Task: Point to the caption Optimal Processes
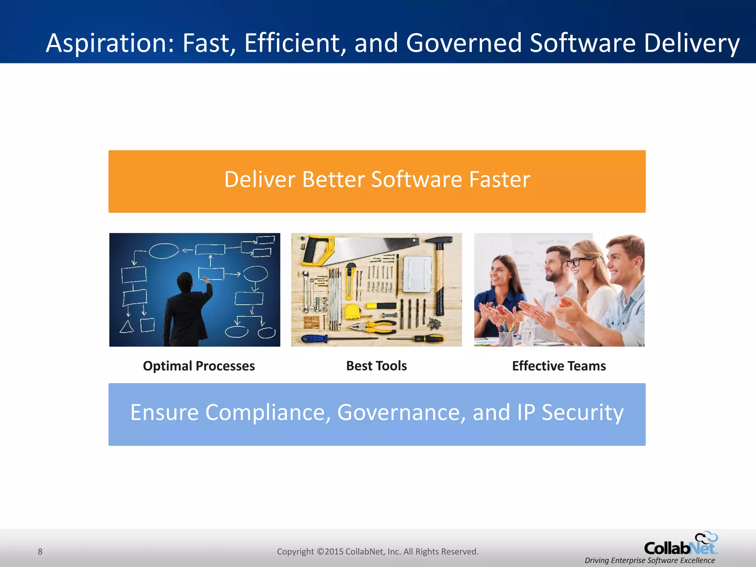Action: [x=199, y=366]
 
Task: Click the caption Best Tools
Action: [x=376, y=366]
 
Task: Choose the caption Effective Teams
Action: [x=559, y=366]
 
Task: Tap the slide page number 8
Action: [x=40, y=551]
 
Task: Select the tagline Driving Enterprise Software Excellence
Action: [x=649, y=560]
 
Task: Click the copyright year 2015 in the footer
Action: [x=334, y=551]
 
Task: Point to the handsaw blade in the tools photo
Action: [x=373, y=247]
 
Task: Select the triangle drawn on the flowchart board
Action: [x=127, y=327]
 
